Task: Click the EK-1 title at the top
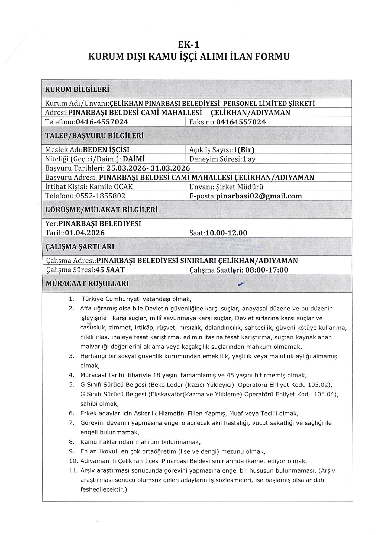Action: tap(189, 45)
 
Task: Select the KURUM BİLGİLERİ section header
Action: tap(77, 89)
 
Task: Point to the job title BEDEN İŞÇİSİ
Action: tap(106, 150)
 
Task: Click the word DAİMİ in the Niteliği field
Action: tap(134, 159)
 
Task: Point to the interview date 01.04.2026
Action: tap(85, 233)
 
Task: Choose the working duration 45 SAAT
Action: tap(110, 270)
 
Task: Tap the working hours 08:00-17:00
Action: tap(267, 270)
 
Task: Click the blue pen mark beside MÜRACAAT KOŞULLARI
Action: tap(241, 283)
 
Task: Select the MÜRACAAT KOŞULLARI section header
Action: tap(87, 284)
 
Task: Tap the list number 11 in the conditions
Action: tap(73, 470)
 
